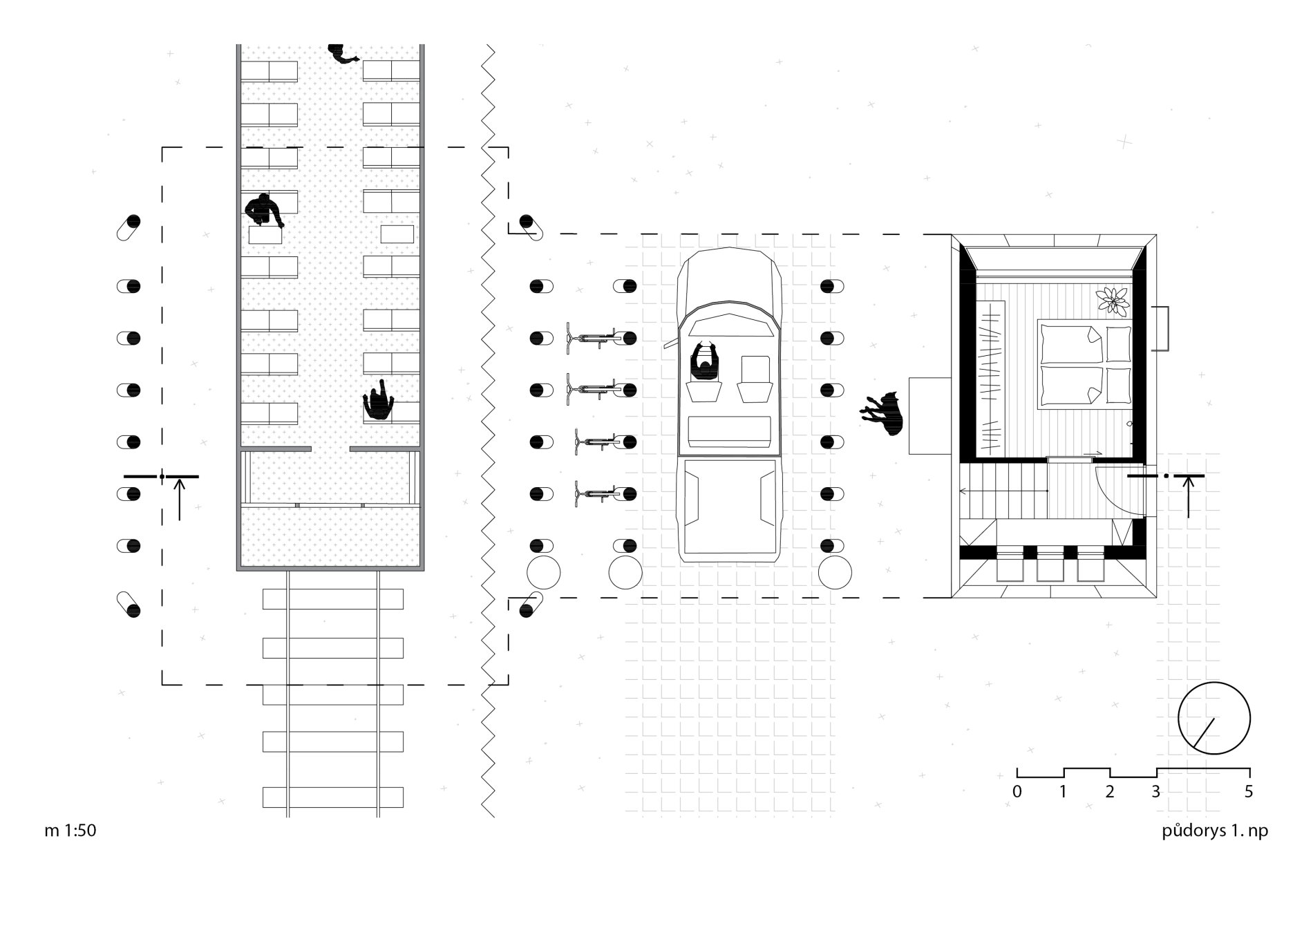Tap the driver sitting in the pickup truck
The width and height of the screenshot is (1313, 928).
[x=705, y=361]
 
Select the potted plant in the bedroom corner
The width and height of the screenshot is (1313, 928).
[x=1113, y=299]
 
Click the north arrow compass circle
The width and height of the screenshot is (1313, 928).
[x=1214, y=718]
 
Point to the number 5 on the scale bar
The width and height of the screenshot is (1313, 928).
[x=1248, y=792]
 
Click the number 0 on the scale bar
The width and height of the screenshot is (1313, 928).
[x=1017, y=792]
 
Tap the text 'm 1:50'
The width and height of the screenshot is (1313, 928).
[x=70, y=831]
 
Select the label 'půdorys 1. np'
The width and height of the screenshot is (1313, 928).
[x=1215, y=831]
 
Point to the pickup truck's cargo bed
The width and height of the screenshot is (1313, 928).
[x=728, y=508]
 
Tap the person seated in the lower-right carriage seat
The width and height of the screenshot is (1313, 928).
[x=378, y=400]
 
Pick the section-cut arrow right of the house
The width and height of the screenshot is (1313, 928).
[x=1189, y=497]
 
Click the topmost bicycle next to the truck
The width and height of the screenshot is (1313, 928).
[x=592, y=338]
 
